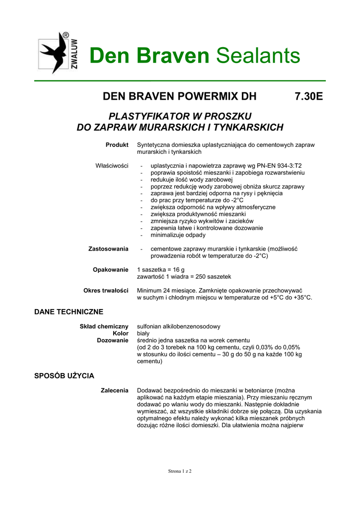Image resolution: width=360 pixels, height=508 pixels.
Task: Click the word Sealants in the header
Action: tap(258, 56)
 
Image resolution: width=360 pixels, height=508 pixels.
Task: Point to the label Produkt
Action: tap(117, 144)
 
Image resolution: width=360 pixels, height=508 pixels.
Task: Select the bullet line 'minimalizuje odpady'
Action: tap(178, 235)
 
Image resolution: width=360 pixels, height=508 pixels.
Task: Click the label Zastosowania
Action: tap(108, 249)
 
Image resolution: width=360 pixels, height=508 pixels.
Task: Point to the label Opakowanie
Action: tap(111, 269)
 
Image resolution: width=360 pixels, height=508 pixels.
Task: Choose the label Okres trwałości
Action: tap(106, 290)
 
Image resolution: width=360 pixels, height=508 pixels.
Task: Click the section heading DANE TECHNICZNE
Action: tap(69, 312)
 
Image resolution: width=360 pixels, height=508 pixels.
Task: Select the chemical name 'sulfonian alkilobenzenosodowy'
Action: tap(178, 326)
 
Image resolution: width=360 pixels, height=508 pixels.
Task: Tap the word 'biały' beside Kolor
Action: tap(144, 333)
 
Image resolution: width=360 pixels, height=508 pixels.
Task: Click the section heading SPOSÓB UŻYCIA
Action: tap(64, 376)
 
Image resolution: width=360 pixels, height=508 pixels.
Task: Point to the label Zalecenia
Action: tap(115, 391)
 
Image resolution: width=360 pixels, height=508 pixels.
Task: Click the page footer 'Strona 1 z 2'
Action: tap(180, 471)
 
